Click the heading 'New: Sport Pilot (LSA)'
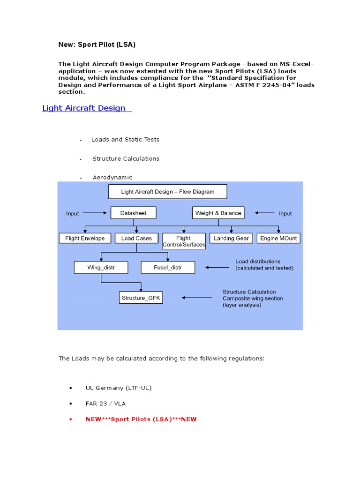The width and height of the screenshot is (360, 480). point(97,45)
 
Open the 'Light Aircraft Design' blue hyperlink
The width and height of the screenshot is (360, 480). point(84,108)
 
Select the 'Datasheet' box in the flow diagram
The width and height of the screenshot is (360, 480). point(133,213)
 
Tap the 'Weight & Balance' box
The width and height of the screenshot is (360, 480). point(218,213)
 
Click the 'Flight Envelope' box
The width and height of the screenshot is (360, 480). point(85,238)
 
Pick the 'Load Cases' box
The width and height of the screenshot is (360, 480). point(136,238)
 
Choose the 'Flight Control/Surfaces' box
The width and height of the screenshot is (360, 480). point(183,241)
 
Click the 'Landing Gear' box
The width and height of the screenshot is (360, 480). point(231,238)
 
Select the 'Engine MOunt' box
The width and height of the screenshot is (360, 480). point(278,238)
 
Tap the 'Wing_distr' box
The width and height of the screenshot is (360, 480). point(101,268)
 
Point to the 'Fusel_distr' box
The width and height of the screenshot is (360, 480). point(168,268)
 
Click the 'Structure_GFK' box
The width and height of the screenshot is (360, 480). point(141,298)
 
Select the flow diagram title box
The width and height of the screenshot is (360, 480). point(167,192)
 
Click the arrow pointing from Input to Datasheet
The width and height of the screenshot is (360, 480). point(95,213)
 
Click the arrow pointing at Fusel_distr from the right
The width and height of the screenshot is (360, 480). point(217,268)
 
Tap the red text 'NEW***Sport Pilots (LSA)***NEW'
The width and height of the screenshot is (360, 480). point(141,419)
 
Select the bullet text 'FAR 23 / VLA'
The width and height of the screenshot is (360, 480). point(105,404)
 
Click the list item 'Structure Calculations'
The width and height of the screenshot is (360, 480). point(126,159)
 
